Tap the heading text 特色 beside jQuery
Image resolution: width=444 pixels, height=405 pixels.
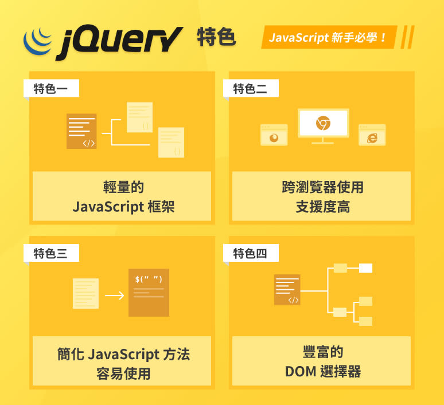coord(216,37)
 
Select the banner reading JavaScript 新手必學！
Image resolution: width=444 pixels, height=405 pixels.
coord(328,38)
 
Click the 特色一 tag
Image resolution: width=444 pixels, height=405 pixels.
coord(51,89)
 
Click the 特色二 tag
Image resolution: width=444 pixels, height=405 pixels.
coord(250,89)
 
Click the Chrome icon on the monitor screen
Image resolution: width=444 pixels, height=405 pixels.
coord(323,123)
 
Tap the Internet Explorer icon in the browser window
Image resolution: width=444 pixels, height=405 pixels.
coord(372,137)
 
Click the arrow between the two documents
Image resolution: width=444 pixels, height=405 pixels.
coord(114,296)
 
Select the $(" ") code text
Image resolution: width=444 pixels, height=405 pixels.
coord(149,280)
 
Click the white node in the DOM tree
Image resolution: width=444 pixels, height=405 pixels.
coord(365,268)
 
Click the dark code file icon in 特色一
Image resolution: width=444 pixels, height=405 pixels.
coord(81,131)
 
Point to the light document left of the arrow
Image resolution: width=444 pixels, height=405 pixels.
coord(85,293)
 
